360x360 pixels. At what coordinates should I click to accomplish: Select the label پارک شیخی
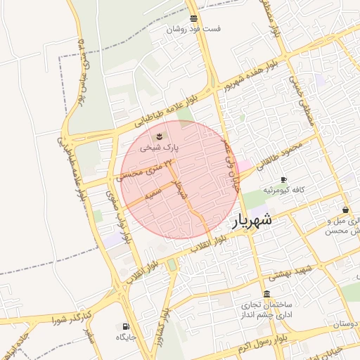point(160,148)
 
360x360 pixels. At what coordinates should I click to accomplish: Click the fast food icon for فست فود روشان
point(193,18)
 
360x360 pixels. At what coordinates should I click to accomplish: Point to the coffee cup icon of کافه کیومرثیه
point(283,180)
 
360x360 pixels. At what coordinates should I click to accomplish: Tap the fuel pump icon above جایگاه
point(126,326)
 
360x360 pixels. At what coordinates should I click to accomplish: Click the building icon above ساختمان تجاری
point(266,294)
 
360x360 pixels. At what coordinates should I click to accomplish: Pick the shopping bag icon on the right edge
point(346,210)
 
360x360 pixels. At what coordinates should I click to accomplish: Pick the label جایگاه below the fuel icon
point(127,337)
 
